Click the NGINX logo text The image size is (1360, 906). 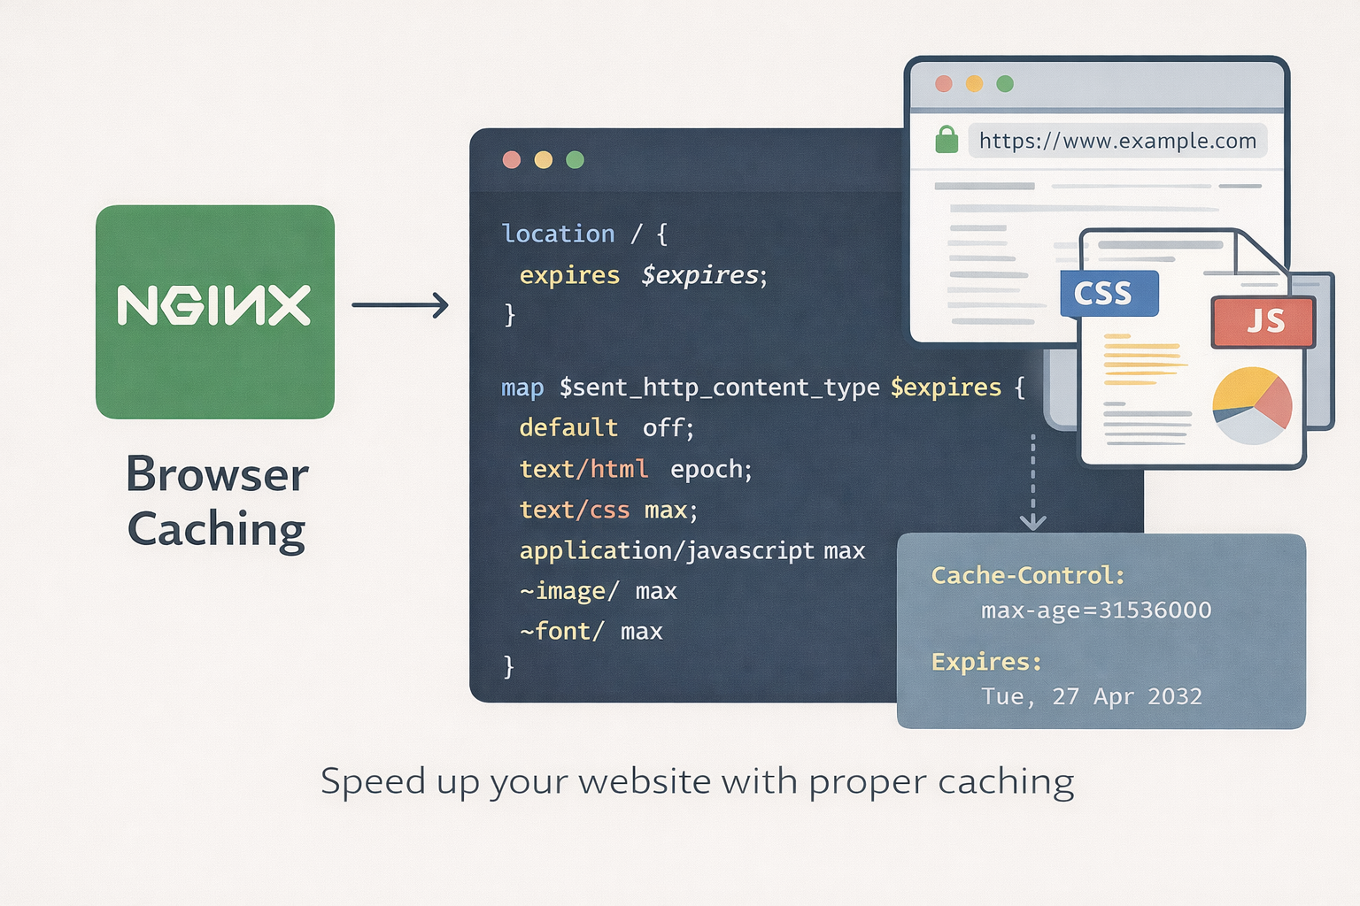(214, 306)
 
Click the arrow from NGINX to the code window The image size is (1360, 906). (399, 305)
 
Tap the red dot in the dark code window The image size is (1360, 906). (512, 160)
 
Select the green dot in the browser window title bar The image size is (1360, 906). (1004, 84)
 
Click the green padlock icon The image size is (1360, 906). (947, 140)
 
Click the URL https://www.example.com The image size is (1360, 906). (1117, 141)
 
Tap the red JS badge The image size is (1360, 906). (1263, 321)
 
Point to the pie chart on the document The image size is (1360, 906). (1252, 405)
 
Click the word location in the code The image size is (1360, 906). (558, 234)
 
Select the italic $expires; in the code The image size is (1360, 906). (704, 275)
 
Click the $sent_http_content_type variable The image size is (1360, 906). (719, 388)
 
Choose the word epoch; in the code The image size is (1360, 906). (711, 469)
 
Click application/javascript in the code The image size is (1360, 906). (666, 550)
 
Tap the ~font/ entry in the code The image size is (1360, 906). (561, 631)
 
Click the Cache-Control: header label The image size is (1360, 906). (1027, 576)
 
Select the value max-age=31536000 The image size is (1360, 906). (1096, 610)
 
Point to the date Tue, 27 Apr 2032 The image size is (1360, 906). (1091, 697)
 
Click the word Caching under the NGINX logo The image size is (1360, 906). (217, 530)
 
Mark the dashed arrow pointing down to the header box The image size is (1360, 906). (1032, 482)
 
